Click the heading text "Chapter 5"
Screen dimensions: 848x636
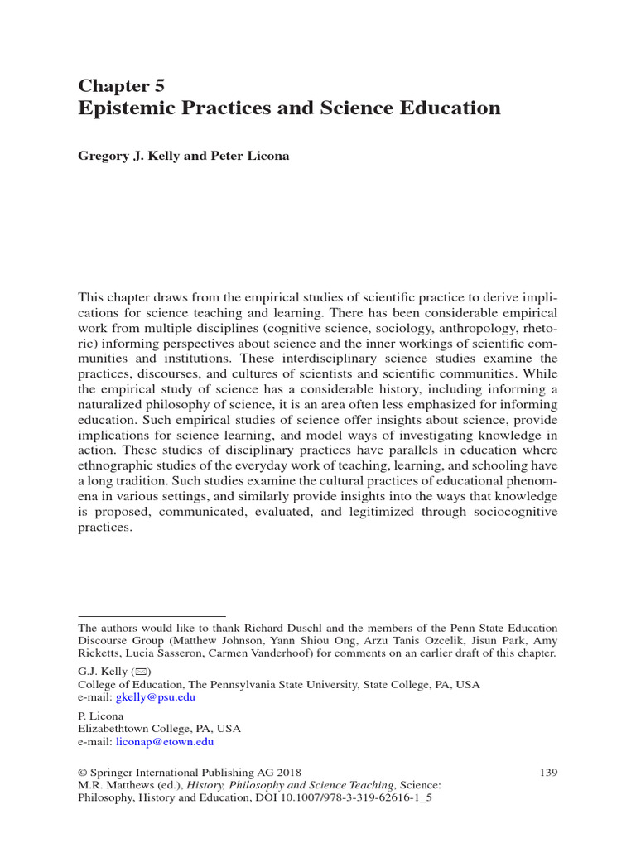(121, 85)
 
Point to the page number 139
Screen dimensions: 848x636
(548, 773)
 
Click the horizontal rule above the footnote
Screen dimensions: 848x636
(152, 616)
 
